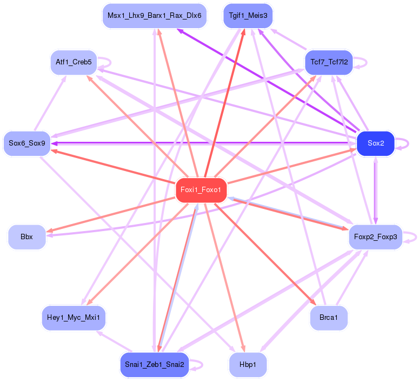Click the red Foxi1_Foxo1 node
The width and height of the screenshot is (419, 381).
201,190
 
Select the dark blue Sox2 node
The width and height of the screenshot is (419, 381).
375,143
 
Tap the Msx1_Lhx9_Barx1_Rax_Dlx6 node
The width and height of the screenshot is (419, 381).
154,16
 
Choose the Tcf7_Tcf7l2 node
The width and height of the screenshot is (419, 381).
329,63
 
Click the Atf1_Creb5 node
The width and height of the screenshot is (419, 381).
73,62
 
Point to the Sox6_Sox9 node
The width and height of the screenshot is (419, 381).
26,143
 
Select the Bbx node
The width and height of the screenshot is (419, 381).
26,237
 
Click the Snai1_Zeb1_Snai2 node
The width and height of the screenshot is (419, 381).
154,365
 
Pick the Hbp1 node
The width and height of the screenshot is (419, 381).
248,365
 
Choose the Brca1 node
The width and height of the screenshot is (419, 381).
329,318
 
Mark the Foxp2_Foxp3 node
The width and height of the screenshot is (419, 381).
375,237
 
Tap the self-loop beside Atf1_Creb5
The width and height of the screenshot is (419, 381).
109,62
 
